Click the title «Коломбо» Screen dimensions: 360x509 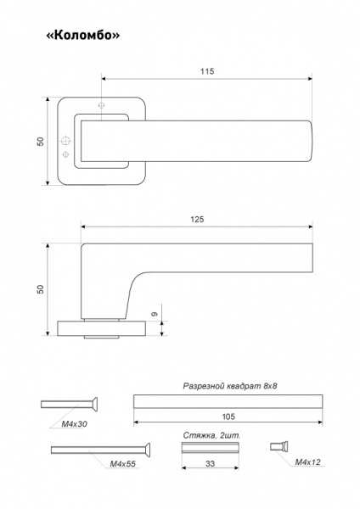coord(83,35)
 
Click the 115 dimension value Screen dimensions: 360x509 coord(207,71)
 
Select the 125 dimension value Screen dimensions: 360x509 coord(197,220)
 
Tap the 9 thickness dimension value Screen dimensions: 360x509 coord(155,314)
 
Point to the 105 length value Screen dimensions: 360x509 coord(228,417)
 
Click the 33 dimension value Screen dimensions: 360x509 coord(211,463)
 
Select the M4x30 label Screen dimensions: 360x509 coord(75,424)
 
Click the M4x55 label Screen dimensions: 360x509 coord(122,464)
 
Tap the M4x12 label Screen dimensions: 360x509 coord(307,462)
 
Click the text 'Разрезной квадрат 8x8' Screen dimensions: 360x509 coord(230,386)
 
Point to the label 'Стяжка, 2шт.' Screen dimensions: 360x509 coord(212,435)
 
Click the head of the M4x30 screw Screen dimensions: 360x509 coord(95,404)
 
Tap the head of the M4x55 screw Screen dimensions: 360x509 coord(148,450)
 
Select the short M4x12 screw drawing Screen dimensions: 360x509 coord(279,447)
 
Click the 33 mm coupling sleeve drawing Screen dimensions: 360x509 coord(211,447)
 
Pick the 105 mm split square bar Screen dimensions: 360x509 coord(228,401)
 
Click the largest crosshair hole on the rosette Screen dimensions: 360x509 coord(66,141)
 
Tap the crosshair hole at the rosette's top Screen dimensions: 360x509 coord(102,106)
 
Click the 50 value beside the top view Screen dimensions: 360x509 coord(40,141)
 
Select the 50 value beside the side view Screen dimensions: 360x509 coord(40,289)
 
